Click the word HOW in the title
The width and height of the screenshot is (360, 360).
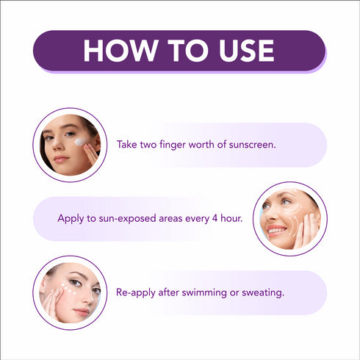[x=120, y=51]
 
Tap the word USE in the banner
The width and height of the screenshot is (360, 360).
[x=247, y=51]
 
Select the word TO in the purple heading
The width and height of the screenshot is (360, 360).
[x=188, y=51]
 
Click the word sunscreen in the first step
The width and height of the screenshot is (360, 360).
[x=252, y=145]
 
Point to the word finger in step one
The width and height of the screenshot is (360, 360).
[x=173, y=145]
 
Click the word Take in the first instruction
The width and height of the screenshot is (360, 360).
[x=127, y=144]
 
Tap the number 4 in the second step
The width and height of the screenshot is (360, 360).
[x=215, y=218]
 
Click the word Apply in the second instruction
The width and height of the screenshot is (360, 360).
[x=71, y=219]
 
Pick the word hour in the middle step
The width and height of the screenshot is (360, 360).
[x=231, y=218]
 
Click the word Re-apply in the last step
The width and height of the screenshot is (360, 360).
[x=136, y=292]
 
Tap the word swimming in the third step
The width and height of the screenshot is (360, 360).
[x=204, y=293]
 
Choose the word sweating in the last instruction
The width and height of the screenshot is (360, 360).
[x=263, y=293]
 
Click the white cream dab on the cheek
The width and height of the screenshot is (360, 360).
[x=81, y=142]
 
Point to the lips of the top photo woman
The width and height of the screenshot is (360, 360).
[x=60, y=159]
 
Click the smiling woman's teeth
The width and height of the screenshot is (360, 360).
[x=276, y=230]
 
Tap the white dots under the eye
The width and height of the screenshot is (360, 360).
[x=68, y=289]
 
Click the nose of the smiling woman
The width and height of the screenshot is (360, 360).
[x=271, y=215]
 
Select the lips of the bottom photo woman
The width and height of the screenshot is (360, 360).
[x=82, y=312]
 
